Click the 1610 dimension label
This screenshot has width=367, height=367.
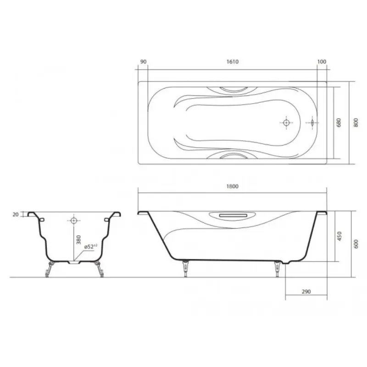point(233,62)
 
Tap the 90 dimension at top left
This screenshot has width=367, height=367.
point(143,62)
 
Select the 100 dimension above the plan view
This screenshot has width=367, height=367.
point(322,62)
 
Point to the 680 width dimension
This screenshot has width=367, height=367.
point(339,122)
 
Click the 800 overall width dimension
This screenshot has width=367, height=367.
point(356,122)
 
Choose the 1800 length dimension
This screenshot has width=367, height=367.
point(233,186)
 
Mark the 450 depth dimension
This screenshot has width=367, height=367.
point(339,236)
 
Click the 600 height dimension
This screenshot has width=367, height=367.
point(356,244)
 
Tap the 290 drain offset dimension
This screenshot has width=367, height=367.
point(306,292)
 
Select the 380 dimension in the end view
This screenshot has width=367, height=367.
point(78,240)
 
